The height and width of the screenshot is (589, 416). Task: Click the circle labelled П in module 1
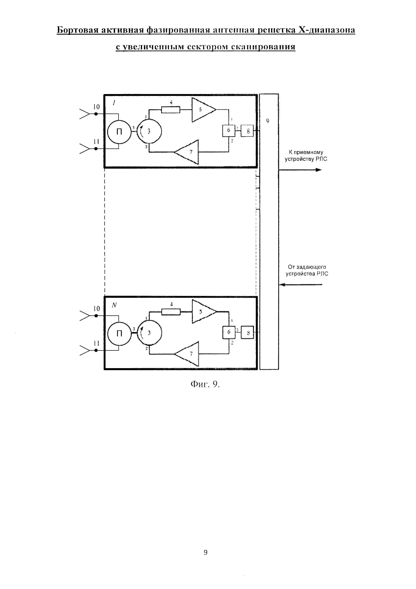[x=119, y=132]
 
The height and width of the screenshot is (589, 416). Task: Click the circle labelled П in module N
[x=119, y=334]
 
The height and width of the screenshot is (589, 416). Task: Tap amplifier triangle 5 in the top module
[x=202, y=110]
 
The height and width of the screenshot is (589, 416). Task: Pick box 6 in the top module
[x=228, y=130]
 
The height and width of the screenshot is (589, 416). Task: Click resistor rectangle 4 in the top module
[x=171, y=110]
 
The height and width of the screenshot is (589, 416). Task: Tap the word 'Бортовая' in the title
[x=77, y=30]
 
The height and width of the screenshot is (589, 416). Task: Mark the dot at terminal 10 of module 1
[x=96, y=114]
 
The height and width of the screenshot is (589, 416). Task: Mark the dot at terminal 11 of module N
[x=96, y=350]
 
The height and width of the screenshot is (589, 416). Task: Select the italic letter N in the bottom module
[x=114, y=305]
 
